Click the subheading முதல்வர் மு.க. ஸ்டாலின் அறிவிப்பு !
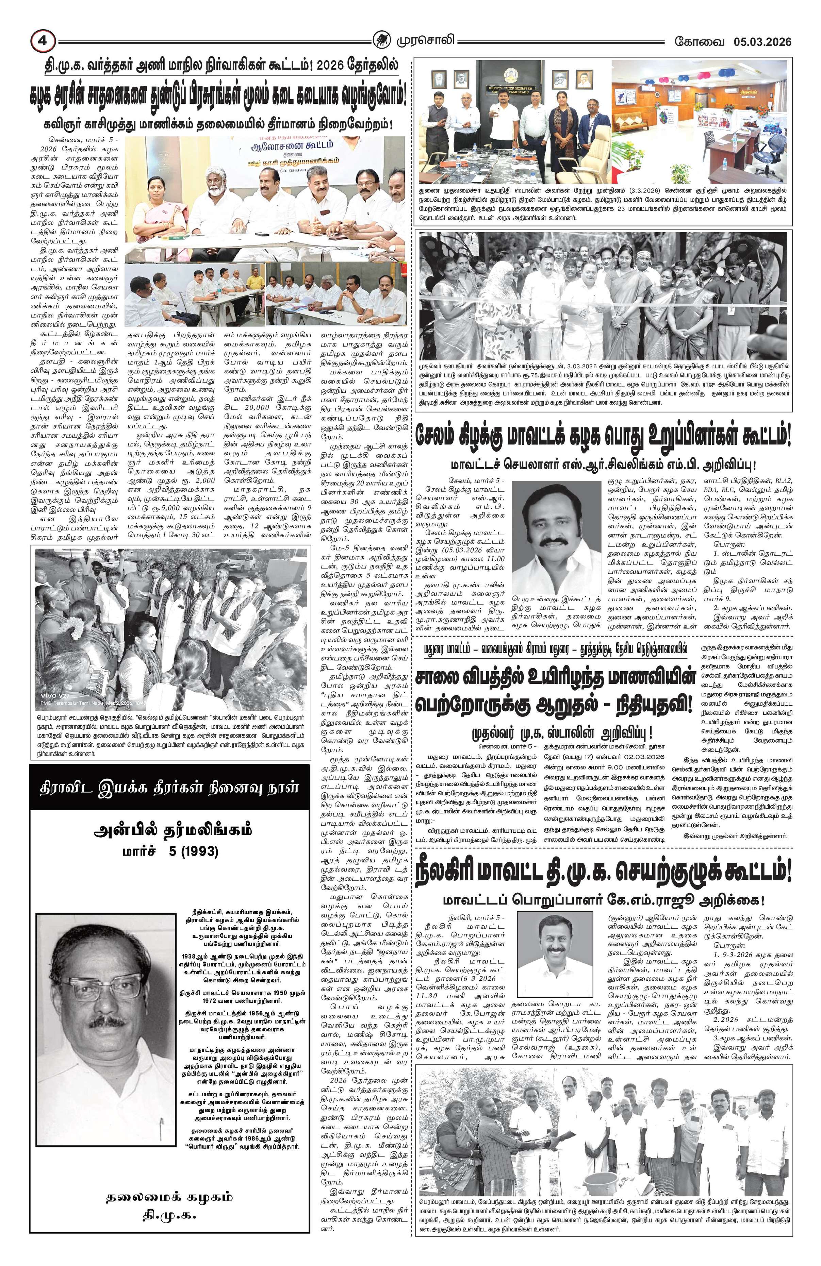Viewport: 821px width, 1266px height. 563,735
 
